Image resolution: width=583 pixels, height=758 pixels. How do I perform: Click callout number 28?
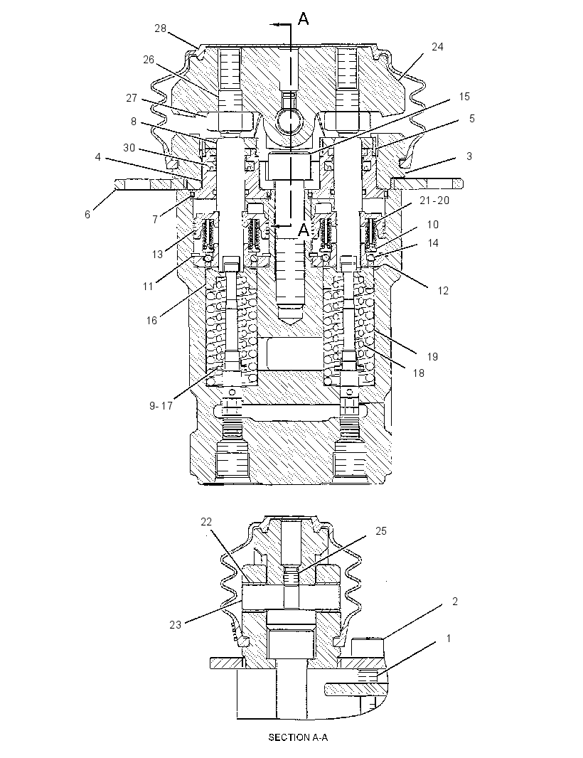click(x=161, y=28)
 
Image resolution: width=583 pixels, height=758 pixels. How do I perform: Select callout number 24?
click(x=437, y=46)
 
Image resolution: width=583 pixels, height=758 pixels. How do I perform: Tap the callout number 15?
click(x=464, y=96)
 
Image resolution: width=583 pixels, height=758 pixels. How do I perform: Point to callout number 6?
click(x=87, y=214)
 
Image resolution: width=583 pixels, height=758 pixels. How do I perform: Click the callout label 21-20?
click(x=434, y=200)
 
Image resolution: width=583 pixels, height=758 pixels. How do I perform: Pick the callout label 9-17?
click(x=161, y=405)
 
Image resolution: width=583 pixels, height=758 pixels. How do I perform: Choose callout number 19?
click(x=432, y=356)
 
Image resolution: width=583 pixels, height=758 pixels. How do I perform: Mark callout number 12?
click(x=443, y=291)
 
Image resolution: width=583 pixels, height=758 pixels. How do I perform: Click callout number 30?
click(x=129, y=147)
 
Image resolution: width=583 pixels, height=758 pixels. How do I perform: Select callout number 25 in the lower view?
click(x=381, y=530)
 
